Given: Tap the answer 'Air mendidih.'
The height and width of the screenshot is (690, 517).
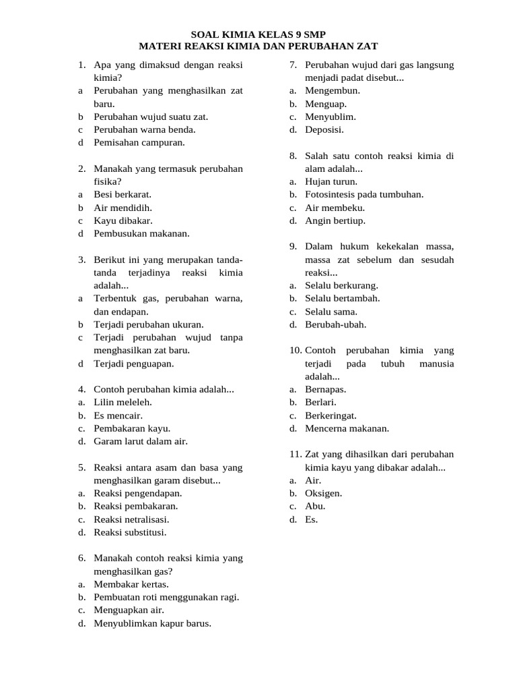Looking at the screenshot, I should click(x=123, y=208).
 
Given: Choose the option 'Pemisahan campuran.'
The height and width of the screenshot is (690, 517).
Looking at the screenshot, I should click(x=139, y=143).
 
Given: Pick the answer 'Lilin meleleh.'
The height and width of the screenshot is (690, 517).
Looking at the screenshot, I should click(x=122, y=402).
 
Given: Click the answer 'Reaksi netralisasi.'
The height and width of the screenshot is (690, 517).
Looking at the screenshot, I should click(x=132, y=520).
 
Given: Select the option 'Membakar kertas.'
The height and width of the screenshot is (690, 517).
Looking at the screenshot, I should click(x=132, y=584).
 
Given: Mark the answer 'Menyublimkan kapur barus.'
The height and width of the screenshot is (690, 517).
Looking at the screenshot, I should click(x=153, y=623).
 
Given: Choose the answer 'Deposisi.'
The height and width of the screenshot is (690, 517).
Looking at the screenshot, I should click(x=324, y=129).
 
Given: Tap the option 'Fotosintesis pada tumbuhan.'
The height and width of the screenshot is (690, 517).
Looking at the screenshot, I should click(x=364, y=195).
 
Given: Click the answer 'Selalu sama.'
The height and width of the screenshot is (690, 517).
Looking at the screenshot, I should click(x=331, y=311).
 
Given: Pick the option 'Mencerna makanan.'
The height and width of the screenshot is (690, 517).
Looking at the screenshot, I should click(x=347, y=428).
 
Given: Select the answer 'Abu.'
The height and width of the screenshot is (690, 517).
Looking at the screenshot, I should click(x=315, y=506).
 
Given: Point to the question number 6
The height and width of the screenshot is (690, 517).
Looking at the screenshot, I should click(x=81, y=558).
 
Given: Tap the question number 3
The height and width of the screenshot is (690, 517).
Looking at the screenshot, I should click(x=81, y=259).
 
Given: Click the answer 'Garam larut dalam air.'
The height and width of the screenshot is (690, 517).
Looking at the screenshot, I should click(x=141, y=441).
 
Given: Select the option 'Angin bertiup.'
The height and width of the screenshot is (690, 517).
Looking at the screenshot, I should click(x=335, y=220).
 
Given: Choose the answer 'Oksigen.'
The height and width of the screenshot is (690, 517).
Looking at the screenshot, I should click(x=324, y=493).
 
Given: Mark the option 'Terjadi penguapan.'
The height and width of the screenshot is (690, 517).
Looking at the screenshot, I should click(x=134, y=364).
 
